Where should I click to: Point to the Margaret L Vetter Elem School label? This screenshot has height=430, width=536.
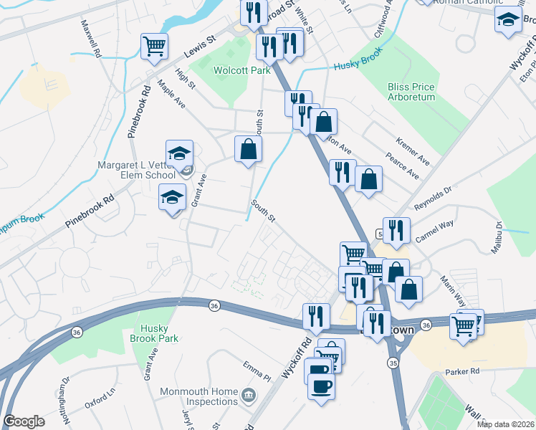(136, 170)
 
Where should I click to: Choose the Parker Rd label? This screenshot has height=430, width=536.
(461, 372)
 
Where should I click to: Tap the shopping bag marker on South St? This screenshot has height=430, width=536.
(248, 149)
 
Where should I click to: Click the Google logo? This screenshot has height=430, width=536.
(24, 421)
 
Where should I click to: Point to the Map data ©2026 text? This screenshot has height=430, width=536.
(505, 424)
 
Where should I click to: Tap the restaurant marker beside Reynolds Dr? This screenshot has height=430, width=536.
(396, 230)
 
